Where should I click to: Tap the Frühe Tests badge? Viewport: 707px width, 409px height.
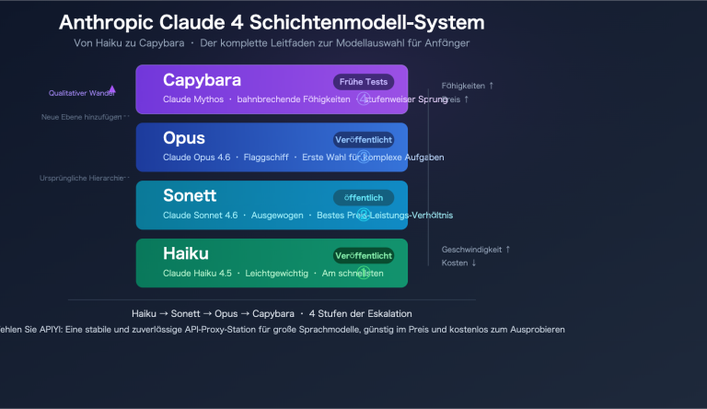(x=364, y=82)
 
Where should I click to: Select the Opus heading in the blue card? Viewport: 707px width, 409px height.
(x=184, y=138)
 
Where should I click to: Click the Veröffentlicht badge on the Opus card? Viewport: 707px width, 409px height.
(x=364, y=140)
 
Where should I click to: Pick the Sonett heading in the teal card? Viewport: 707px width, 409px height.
(x=189, y=196)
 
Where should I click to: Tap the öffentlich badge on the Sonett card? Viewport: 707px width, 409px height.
(x=364, y=198)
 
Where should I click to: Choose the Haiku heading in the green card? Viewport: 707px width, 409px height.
(x=186, y=253)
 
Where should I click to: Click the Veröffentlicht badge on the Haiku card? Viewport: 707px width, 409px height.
(x=364, y=255)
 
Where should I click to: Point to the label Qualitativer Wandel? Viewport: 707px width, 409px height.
(x=82, y=93)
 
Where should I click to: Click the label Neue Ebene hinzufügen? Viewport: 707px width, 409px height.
(x=81, y=117)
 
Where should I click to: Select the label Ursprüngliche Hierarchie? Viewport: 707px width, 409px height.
(x=81, y=177)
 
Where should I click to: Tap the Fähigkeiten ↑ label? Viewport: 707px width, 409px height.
(x=468, y=86)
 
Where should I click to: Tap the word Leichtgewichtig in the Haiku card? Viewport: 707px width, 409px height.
(x=277, y=274)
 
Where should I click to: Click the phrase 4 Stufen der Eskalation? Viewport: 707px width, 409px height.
(x=361, y=313)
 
